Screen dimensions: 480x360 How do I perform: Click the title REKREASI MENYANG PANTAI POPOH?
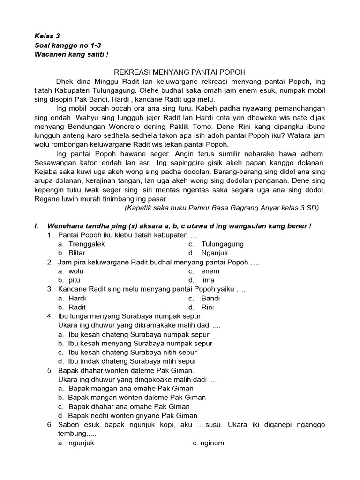[x=180, y=72]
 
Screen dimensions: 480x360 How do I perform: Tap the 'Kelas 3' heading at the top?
[x=47, y=36]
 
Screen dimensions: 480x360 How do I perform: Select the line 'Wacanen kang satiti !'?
[x=71, y=54]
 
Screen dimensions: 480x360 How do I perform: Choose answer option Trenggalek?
[x=87, y=244]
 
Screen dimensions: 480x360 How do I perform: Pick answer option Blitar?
[x=77, y=253]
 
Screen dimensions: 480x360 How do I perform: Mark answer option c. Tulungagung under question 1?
[x=222, y=244]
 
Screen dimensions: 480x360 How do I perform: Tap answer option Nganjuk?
[x=214, y=253]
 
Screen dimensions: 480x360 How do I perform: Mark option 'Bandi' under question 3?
[x=210, y=298]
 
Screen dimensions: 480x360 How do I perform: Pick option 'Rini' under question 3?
[x=208, y=307]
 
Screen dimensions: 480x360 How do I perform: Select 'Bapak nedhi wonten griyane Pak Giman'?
[x=133, y=415]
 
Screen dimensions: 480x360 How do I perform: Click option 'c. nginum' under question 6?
[x=208, y=443]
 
